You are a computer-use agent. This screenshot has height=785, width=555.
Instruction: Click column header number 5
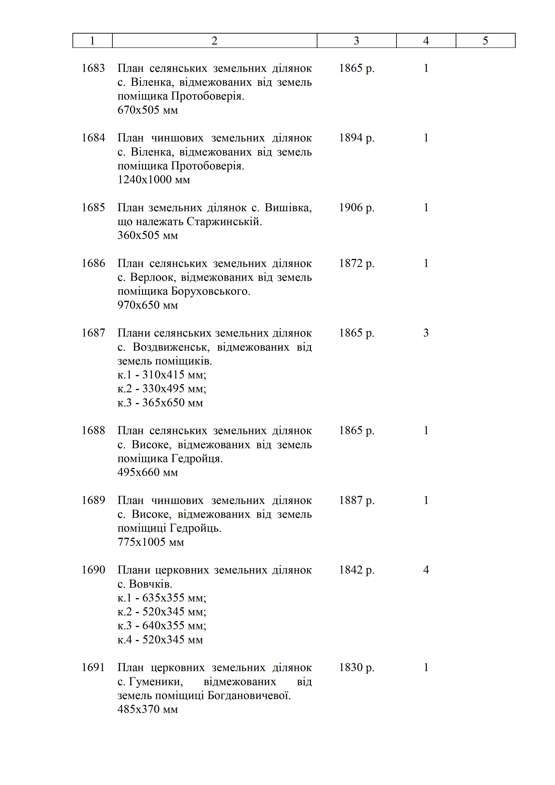point(485,41)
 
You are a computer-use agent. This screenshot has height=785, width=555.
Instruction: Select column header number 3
point(356,41)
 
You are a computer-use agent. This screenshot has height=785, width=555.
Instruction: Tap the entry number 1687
point(93,333)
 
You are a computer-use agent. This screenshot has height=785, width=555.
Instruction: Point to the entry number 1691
point(93,667)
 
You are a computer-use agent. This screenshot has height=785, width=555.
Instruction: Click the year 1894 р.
point(356,138)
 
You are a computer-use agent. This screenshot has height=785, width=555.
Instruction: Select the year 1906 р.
point(356,207)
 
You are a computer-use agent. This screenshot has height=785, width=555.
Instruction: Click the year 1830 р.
point(356,667)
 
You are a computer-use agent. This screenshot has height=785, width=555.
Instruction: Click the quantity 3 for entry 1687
point(426,333)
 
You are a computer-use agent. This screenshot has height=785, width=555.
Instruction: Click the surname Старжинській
point(224,222)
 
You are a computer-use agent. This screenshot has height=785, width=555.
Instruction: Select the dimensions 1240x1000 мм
point(153,180)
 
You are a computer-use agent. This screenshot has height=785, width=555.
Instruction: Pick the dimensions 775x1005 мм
point(151,542)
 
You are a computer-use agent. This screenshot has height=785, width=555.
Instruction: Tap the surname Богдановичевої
point(249,695)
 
